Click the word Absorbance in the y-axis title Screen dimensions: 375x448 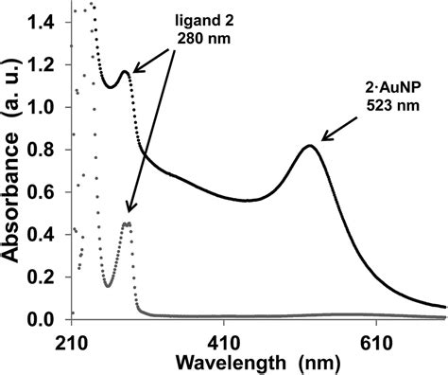click(x=12, y=181)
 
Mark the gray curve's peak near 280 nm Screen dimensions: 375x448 click(x=127, y=223)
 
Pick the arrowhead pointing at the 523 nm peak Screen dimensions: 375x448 click(x=324, y=138)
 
